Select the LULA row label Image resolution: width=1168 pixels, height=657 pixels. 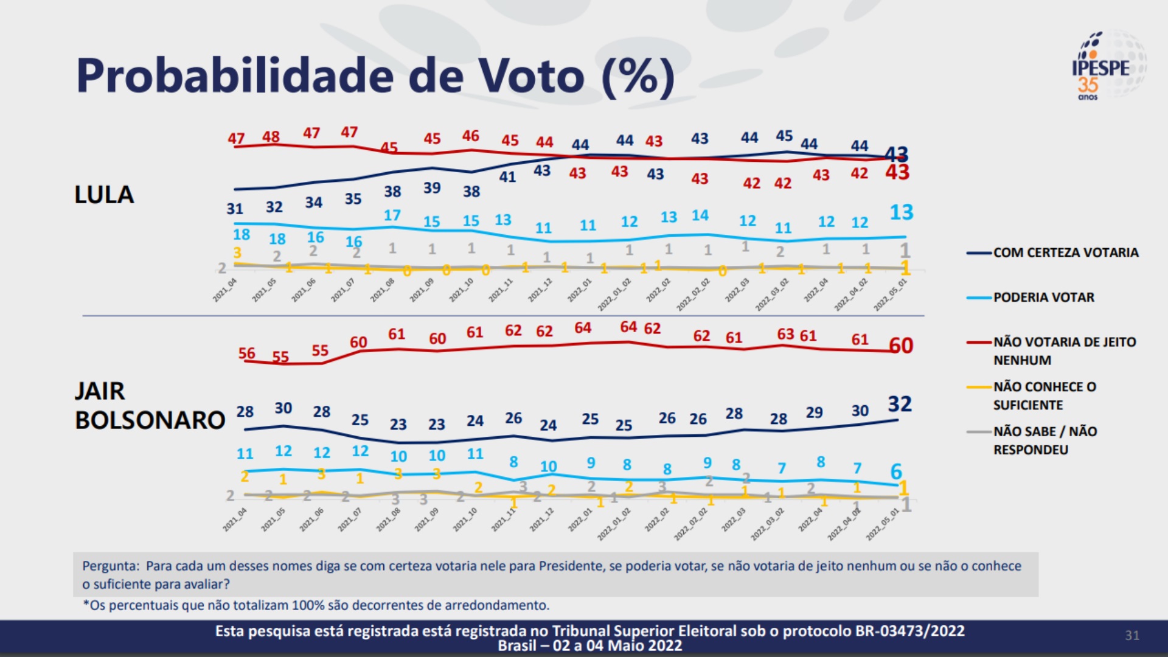pyautogui.click(x=104, y=195)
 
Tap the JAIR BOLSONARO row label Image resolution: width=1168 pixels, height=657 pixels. pyautogui.click(x=150, y=405)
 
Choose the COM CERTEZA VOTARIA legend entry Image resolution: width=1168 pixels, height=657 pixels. pyautogui.click(x=1065, y=252)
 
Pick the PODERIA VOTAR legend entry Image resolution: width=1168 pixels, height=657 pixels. pyautogui.click(x=1043, y=297)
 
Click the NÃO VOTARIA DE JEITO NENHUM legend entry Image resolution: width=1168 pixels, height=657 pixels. pyautogui.click(x=1064, y=351)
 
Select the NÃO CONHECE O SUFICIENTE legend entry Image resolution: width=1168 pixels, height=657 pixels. pyautogui.click(x=1045, y=396)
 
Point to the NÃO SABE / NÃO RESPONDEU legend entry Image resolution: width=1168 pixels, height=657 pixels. pyautogui.click(x=1045, y=440)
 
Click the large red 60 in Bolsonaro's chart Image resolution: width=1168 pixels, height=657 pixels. pyautogui.click(x=901, y=346)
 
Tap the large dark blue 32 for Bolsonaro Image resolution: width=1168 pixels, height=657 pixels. pyautogui.click(x=900, y=404)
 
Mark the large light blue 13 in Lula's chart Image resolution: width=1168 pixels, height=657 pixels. pyautogui.click(x=901, y=212)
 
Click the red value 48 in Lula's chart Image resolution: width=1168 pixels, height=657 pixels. pyautogui.click(x=271, y=136)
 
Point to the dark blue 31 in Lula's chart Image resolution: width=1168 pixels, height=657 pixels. pyautogui.click(x=235, y=209)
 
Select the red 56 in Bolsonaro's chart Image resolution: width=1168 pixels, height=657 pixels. pyautogui.click(x=246, y=353)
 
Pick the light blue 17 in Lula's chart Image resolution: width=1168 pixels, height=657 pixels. pyautogui.click(x=392, y=215)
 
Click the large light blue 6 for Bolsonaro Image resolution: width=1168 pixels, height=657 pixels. pyautogui.click(x=896, y=471)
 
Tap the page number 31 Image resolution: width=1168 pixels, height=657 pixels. pyautogui.click(x=1131, y=635)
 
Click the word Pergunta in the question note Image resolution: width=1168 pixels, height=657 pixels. pyautogui.click(x=111, y=566)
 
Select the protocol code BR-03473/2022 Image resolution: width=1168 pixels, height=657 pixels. pyautogui.click(x=910, y=631)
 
